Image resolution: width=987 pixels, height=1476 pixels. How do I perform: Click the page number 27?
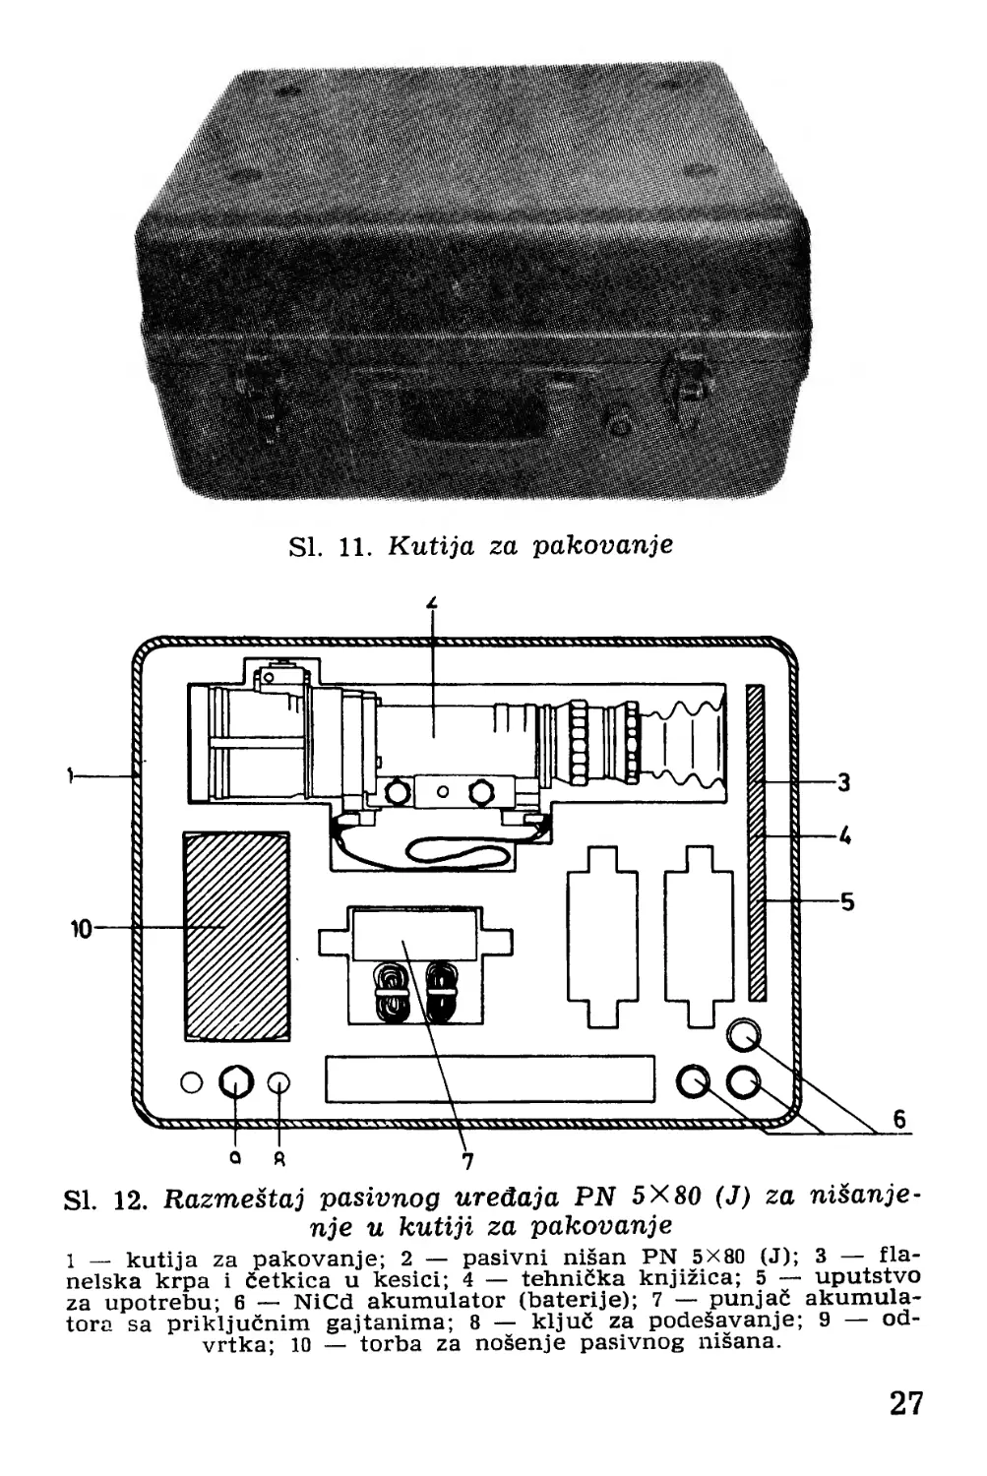[905, 1401]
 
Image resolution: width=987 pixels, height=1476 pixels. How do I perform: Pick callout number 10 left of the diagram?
[82, 928]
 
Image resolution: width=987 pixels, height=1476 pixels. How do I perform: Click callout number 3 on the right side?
[843, 783]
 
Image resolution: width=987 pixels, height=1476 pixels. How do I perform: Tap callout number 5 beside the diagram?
[846, 901]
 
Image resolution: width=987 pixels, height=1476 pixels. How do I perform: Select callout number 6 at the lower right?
[898, 1119]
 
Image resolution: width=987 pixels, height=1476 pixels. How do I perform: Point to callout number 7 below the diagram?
[468, 1161]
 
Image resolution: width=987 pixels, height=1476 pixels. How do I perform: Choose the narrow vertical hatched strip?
[756, 841]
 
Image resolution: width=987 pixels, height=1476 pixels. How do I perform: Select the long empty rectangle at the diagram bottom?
[489, 1079]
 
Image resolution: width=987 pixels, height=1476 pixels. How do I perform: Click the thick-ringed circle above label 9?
[234, 1082]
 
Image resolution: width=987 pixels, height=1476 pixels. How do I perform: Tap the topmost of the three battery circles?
[744, 1035]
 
